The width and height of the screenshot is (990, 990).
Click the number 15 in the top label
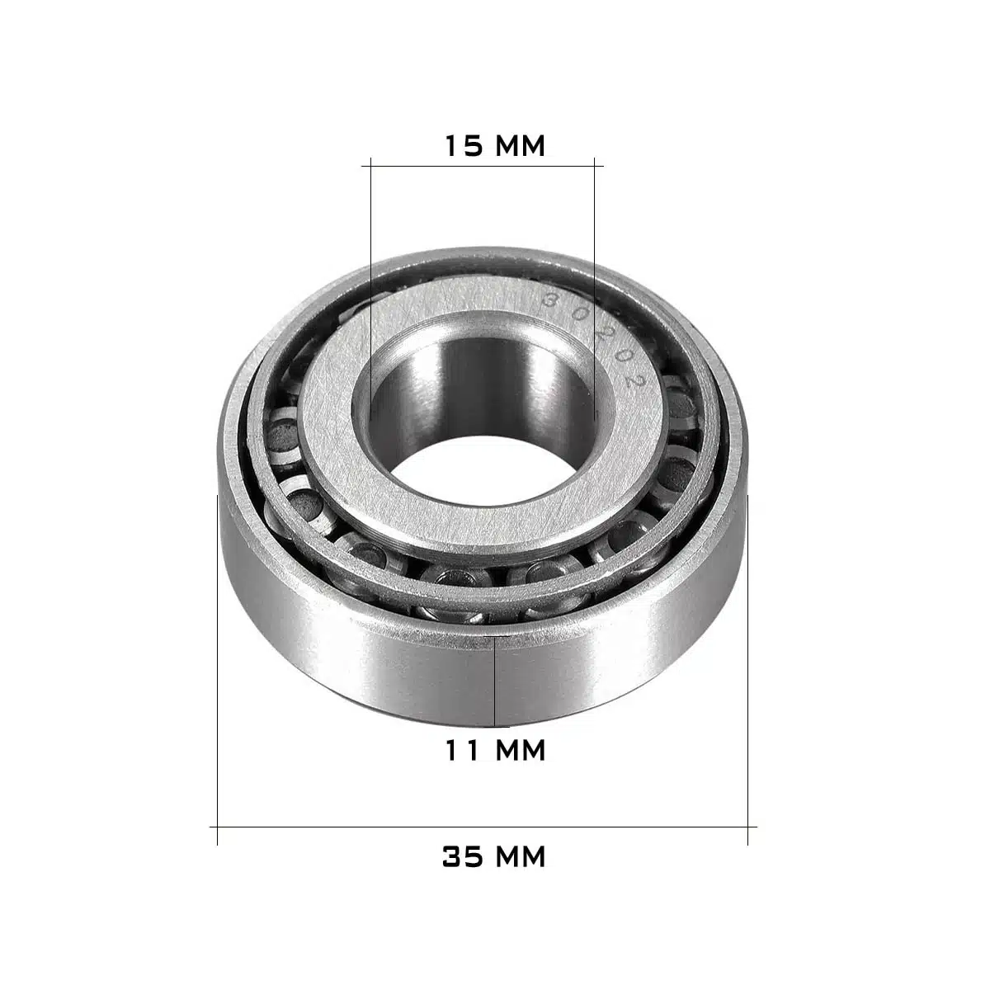pyautogui.click(x=464, y=145)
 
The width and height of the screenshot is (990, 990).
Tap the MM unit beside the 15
pyautogui.click(x=520, y=145)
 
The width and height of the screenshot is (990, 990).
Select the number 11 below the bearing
pyautogui.click(x=462, y=750)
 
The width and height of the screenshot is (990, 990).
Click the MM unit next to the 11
pyautogui.click(x=520, y=750)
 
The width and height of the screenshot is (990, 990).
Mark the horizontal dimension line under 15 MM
pyautogui.click(x=483, y=166)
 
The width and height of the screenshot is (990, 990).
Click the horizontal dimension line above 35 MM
pyautogui.click(x=483, y=827)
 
